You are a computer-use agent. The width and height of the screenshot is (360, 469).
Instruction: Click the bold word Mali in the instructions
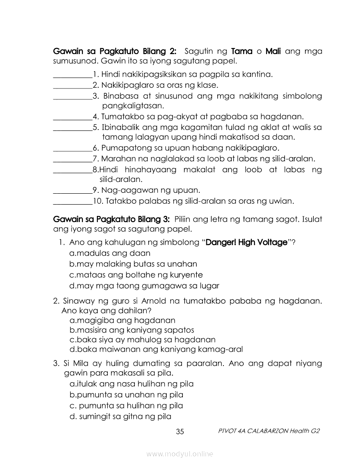[273, 51]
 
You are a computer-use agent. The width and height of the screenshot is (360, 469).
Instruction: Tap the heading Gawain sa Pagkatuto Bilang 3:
[111, 219]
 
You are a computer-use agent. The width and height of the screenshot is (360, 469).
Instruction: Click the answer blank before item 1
[72, 75]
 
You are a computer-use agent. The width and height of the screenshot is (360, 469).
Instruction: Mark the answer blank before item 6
[72, 149]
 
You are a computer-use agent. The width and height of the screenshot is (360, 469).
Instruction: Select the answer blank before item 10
[72, 202]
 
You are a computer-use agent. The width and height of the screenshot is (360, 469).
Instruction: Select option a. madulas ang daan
[110, 253]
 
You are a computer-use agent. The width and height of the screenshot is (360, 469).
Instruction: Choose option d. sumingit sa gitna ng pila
[120, 416]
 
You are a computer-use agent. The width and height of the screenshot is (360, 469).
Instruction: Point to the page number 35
[180, 432]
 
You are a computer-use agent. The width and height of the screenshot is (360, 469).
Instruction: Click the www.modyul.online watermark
[180, 454]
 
